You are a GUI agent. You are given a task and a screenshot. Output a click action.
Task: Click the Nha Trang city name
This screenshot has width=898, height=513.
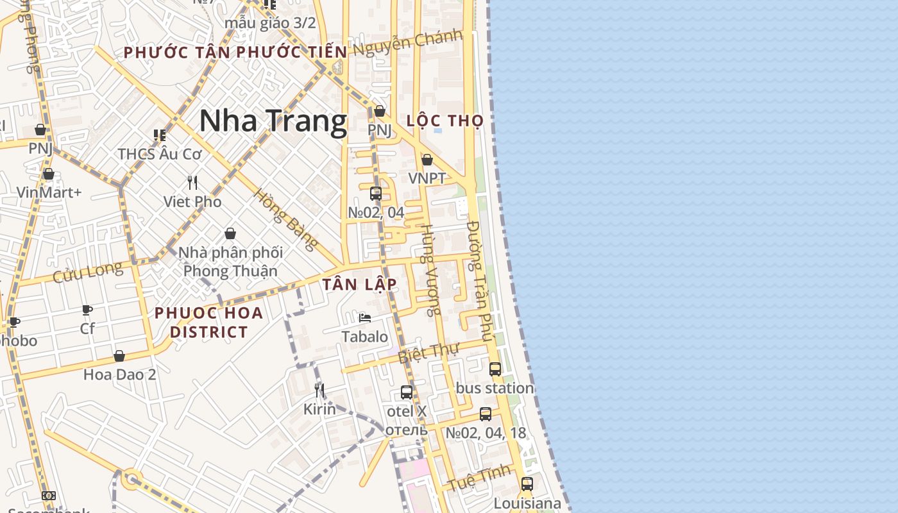273,121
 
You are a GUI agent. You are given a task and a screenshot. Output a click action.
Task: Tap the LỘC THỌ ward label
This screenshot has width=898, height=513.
445,121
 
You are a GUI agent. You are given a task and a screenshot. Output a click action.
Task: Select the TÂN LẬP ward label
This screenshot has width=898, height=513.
359,284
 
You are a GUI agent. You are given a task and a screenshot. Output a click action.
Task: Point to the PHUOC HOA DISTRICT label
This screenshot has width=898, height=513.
209,323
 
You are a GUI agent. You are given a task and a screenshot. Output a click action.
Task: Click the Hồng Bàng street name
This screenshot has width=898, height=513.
285,219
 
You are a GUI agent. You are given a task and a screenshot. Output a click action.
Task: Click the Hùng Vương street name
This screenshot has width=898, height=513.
430,269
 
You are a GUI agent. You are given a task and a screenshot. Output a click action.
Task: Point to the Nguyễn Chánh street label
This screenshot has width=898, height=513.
416,43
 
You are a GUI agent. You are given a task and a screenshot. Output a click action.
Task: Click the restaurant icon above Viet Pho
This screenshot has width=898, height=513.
192,183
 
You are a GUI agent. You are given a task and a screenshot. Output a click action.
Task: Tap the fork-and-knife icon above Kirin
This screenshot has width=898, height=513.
319,389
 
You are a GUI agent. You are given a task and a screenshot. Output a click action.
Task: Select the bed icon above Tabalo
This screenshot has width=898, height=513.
365,317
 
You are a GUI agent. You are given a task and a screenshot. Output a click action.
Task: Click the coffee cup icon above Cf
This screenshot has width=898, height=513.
87,310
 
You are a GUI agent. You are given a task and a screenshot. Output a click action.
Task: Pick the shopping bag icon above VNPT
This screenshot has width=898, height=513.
427,160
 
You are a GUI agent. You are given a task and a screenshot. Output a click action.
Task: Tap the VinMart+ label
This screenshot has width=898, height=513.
49,192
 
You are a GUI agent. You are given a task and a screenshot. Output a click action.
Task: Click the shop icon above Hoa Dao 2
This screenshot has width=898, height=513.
119,356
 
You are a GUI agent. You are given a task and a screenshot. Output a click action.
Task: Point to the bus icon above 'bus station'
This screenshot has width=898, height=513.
495,369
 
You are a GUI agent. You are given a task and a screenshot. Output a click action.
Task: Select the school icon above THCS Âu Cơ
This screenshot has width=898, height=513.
159,135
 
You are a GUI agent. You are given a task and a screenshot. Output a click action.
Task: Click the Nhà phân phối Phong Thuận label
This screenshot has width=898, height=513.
230,262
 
